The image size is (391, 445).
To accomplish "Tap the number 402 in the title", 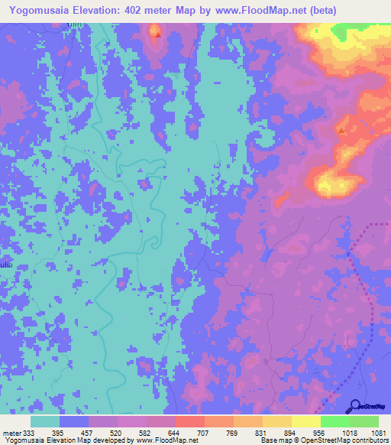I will point(142,10).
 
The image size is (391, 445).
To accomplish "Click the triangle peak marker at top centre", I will point(157,34).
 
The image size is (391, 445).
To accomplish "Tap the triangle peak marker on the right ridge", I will point(341,131).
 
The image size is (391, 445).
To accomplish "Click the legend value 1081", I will point(378,433).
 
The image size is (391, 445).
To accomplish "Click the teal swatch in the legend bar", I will point(45,421).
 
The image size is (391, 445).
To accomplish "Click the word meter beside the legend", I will point(11,433).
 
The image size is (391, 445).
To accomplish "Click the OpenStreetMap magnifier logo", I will point(355,407).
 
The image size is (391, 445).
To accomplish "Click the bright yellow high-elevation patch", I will point(330,184).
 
